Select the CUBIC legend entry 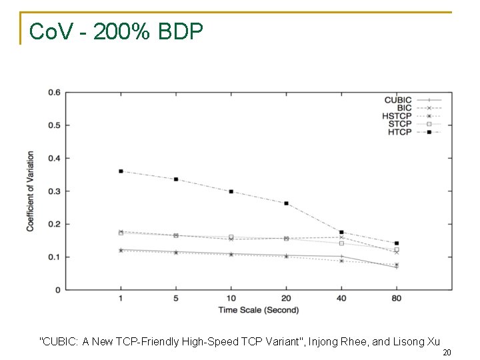click(398, 100)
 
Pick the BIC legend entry click(405, 108)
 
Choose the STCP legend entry click(400, 124)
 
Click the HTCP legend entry click(400, 132)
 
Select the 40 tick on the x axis click(341, 299)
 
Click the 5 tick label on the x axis click(176, 299)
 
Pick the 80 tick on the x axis click(397, 299)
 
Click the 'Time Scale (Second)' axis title click(259, 310)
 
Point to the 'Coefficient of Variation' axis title click(30, 191)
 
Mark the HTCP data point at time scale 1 click(121, 171)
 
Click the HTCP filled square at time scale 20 click(286, 203)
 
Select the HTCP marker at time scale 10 click(231, 191)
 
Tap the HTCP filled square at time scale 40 click(341, 232)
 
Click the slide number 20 click(447, 353)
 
